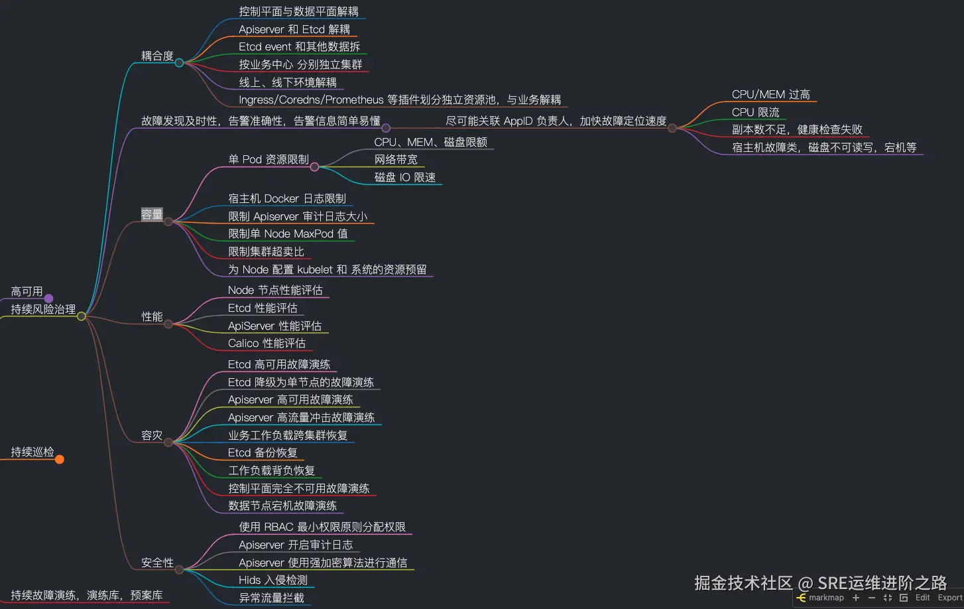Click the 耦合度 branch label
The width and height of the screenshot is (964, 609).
pos(157,56)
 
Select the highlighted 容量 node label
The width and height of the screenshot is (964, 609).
pos(152,214)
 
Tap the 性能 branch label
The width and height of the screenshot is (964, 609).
pos(152,316)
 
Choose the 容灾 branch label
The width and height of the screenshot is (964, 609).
pos(152,435)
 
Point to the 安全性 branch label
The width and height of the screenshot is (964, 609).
pos(157,563)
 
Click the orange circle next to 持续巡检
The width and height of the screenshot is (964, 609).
pos(60,459)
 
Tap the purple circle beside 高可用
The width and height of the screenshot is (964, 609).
pos(48,299)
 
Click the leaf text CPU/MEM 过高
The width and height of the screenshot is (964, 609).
pos(770,95)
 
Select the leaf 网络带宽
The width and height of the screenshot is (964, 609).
pos(396,159)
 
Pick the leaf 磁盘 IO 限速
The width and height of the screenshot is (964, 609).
pos(404,177)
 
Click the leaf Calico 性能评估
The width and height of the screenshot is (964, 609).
pos(267,343)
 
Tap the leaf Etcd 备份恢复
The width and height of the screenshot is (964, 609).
pos(263,452)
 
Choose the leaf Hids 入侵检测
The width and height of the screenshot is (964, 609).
pos(273,580)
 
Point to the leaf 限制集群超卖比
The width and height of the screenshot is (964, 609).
pos(266,251)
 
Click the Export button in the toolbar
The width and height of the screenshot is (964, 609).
pos(949,598)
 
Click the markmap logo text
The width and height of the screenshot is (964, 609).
pos(826,598)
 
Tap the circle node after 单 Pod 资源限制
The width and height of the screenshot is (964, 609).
pos(314,167)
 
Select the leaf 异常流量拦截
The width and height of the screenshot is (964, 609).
pos(271,598)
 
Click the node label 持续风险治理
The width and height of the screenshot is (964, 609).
pos(43,309)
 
